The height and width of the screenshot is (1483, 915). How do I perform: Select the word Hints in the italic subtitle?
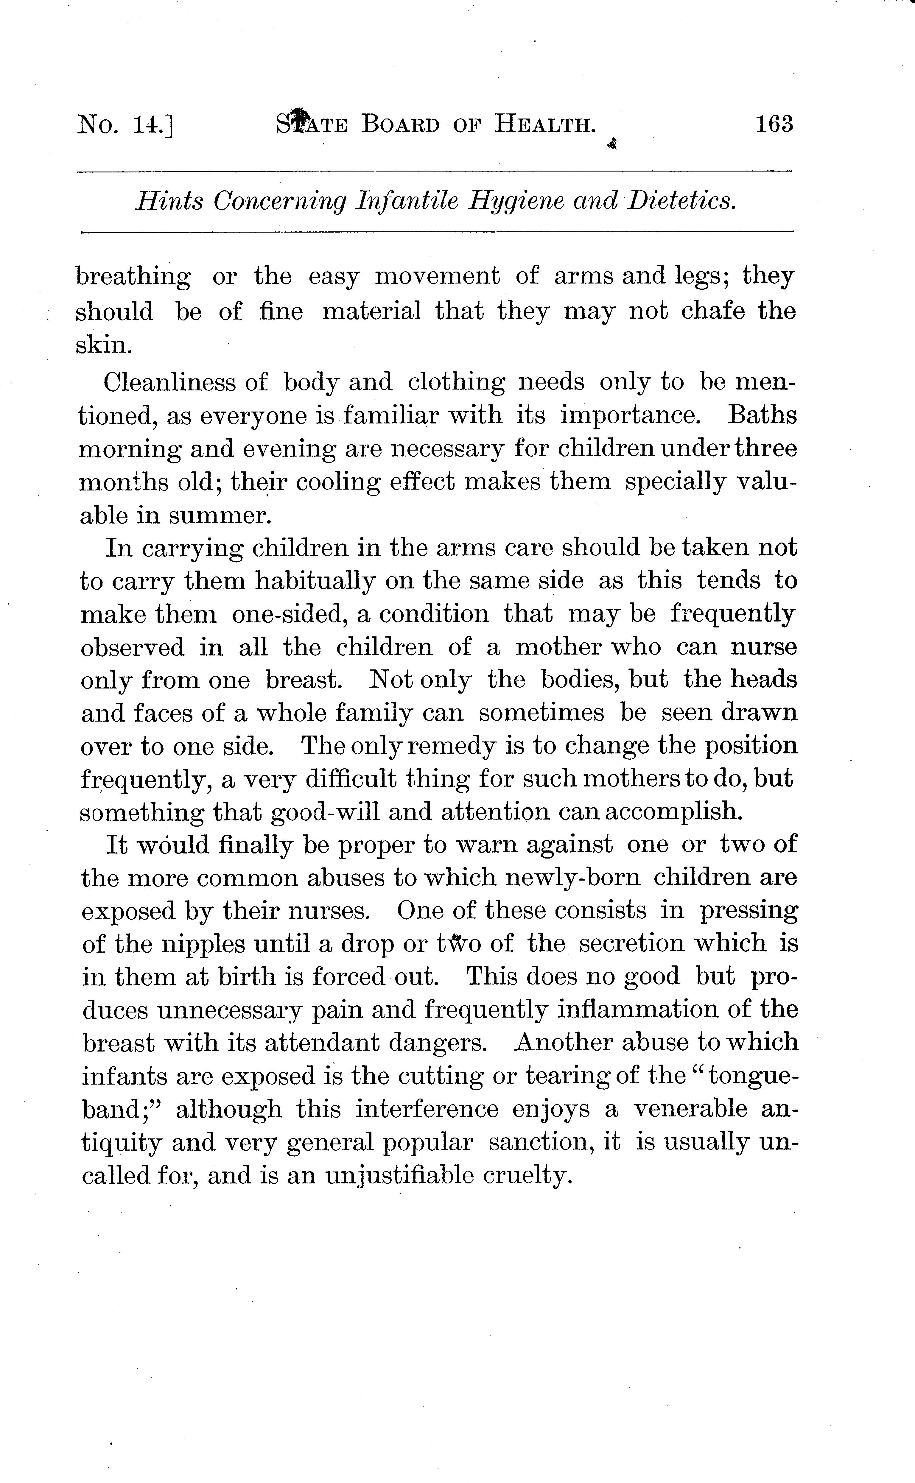click(x=169, y=201)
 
